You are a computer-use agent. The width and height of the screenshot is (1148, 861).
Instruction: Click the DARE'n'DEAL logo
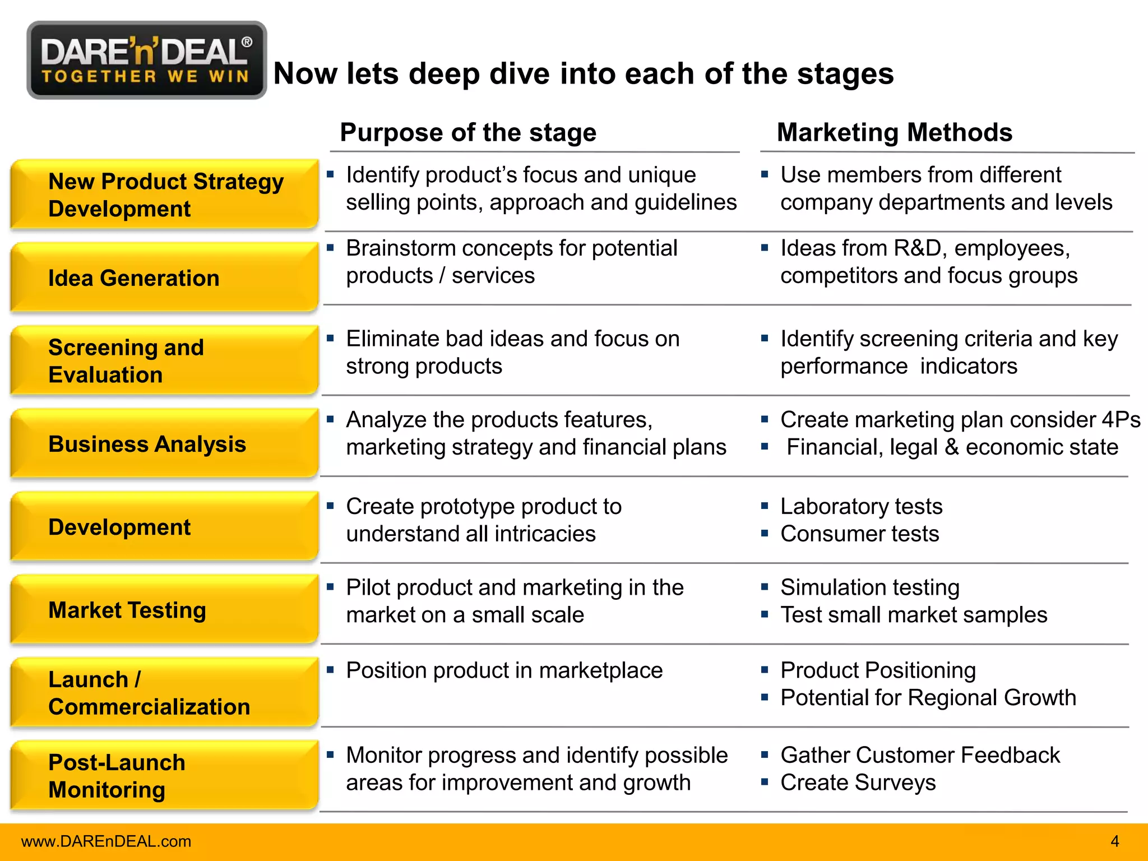tap(146, 60)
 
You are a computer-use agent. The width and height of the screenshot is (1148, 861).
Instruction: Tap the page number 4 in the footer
tap(1114, 841)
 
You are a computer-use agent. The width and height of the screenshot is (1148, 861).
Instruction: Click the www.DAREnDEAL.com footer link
tap(106, 841)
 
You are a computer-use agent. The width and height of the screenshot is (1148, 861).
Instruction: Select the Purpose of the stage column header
tap(468, 133)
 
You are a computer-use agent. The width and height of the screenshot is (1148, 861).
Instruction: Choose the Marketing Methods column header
tap(894, 133)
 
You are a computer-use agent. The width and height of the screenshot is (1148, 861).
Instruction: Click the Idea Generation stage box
tap(164, 277)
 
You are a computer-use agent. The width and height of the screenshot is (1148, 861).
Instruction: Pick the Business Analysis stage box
tap(164, 444)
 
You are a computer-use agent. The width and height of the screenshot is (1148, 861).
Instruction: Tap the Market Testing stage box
tap(164, 610)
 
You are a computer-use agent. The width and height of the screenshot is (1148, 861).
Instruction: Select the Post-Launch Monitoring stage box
tap(164, 776)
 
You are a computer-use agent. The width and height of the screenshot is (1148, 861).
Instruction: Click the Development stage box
tap(164, 527)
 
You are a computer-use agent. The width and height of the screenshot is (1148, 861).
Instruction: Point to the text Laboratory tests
tap(861, 506)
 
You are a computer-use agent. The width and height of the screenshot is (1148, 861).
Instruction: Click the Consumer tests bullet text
tap(859, 534)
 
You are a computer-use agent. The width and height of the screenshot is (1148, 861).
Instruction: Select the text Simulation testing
tap(869, 587)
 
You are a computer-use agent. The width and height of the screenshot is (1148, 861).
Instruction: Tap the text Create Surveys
tap(858, 783)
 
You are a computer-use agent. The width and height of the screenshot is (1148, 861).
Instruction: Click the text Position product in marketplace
tap(504, 670)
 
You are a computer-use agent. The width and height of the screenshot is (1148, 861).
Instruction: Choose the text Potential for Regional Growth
tap(928, 698)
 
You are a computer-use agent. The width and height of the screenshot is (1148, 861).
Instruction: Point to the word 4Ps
tap(1121, 419)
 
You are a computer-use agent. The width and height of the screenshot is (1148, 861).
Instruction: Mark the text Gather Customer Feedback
tap(920, 755)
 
